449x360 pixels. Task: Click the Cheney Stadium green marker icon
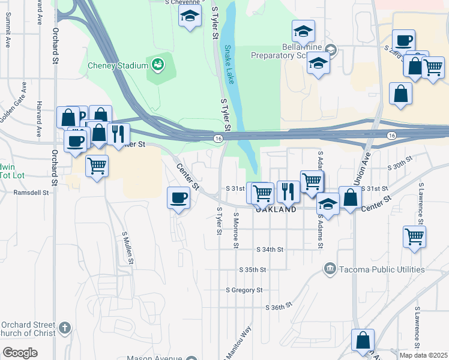point(158,64)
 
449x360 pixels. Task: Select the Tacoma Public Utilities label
point(382,269)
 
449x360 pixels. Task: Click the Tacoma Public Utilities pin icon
point(329,269)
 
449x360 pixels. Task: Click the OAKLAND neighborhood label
point(276,210)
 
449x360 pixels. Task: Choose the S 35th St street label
point(252,270)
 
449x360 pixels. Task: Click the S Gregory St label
point(244,290)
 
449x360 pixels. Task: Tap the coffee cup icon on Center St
point(178,197)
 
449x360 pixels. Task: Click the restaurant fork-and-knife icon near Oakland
point(288,191)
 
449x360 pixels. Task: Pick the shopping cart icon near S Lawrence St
point(414,236)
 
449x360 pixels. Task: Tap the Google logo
point(20,352)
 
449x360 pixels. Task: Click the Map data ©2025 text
point(424,355)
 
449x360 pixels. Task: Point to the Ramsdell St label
point(31,193)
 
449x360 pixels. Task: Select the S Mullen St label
point(127,248)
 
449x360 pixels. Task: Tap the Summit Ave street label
point(8,32)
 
